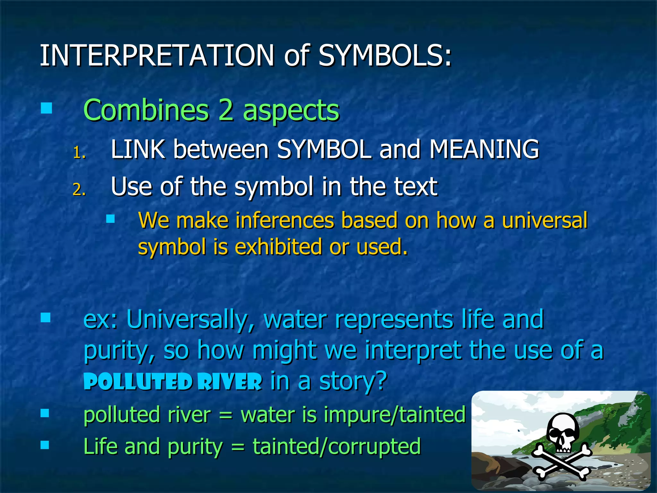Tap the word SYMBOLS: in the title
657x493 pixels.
(385, 55)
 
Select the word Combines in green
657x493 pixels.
(146, 110)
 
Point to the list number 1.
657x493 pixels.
(79, 153)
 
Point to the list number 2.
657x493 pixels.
(79, 190)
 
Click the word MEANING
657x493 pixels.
(484, 149)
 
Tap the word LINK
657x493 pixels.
(138, 149)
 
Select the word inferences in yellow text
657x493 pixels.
(285, 221)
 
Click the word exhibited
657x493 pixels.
(278, 247)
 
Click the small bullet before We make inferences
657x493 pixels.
(110, 219)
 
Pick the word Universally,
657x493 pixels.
(191, 319)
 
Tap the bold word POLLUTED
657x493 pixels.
(138, 382)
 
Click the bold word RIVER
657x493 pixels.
(230, 382)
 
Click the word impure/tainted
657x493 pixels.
(395, 415)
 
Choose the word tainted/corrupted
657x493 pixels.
(337, 446)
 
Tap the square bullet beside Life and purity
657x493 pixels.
(45, 445)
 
